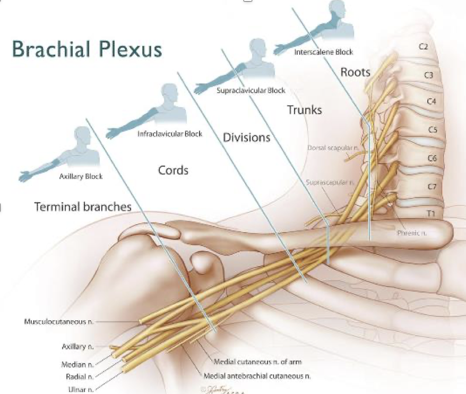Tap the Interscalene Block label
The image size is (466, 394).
pos(323,52)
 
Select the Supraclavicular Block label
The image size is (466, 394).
pos(251,90)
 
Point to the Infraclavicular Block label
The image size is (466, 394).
pos(170,134)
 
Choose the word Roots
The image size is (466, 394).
pos(355,72)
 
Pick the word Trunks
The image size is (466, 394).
pos(304,110)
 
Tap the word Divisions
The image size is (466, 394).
pos(246,138)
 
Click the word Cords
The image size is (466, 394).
pos(173,170)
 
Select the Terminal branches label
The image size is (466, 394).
pos(82,207)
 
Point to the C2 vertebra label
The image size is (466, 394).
pos(423,46)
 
